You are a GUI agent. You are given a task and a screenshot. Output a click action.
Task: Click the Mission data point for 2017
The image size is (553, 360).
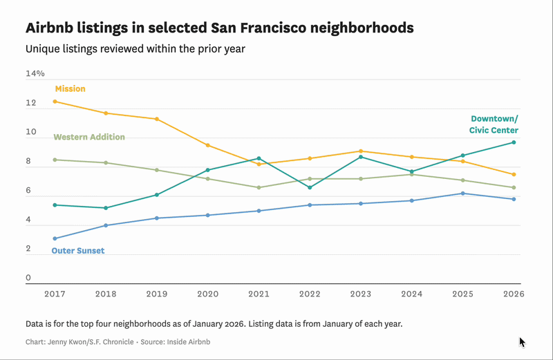tap(55, 102)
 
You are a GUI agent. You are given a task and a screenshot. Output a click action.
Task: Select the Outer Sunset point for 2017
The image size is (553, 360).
tap(55, 238)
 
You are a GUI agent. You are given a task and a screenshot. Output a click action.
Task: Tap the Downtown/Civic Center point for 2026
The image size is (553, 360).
tap(514, 142)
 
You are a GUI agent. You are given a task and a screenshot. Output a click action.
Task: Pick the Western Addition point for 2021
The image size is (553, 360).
tap(259, 187)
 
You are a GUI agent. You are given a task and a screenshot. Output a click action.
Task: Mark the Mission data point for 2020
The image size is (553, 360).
tap(208, 145)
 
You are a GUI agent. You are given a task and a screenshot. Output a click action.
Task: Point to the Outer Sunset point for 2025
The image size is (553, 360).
tap(462, 193)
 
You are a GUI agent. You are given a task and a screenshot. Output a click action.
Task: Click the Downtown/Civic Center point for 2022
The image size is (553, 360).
tap(310, 187)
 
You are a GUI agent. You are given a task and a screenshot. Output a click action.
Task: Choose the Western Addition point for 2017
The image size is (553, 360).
tap(55, 160)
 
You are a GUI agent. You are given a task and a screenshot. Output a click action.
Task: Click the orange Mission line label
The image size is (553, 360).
tap(70, 88)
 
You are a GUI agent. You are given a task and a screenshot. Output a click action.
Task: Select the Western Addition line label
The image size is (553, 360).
tap(89, 137)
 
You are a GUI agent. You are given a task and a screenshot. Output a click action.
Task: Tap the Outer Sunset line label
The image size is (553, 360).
tap(78, 251)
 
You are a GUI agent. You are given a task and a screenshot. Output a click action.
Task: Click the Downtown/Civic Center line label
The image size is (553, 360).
tap(494, 124)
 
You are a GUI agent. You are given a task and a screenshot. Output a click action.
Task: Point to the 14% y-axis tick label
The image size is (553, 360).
tap(35, 73)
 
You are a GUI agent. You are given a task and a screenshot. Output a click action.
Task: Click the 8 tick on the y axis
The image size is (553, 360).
tap(29, 162)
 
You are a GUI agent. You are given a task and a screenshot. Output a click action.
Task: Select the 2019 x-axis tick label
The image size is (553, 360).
tap(157, 294)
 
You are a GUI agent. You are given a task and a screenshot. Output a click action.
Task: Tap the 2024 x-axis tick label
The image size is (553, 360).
tap(412, 294)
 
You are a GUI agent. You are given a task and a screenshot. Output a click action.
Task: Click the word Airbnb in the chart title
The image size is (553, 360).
tap(51, 28)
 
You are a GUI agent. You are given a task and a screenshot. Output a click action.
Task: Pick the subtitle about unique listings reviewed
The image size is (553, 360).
tap(135, 49)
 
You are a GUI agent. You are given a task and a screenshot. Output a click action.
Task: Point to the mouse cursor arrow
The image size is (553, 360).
tap(522, 342)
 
